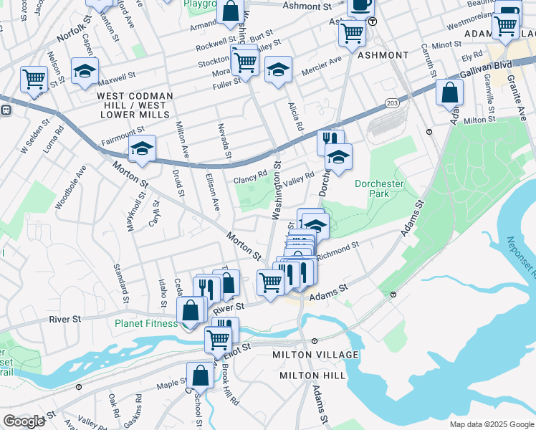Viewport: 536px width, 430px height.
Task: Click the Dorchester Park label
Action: pyautogui.click(x=379, y=188)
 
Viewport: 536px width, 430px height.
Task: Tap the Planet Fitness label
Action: pyautogui.click(x=146, y=323)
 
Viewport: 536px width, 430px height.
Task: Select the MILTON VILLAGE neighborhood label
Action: pyautogui.click(x=315, y=355)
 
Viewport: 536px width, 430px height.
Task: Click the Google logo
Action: pyautogui.click(x=24, y=421)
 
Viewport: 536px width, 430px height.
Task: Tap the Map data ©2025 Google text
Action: pyautogui.click(x=492, y=424)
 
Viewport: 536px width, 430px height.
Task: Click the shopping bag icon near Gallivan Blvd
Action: pyautogui.click(x=449, y=92)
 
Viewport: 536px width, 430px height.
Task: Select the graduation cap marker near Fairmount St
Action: pyautogui.click(x=142, y=148)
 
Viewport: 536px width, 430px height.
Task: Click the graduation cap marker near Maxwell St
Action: pyautogui.click(x=85, y=71)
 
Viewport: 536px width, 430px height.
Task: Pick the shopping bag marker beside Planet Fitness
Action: pyautogui.click(x=191, y=310)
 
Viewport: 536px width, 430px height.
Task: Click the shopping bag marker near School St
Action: pyautogui.click(x=201, y=375)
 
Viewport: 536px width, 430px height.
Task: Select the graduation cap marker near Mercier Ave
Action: pyautogui.click(x=278, y=70)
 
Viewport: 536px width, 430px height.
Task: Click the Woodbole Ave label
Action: pyautogui.click(x=70, y=188)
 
